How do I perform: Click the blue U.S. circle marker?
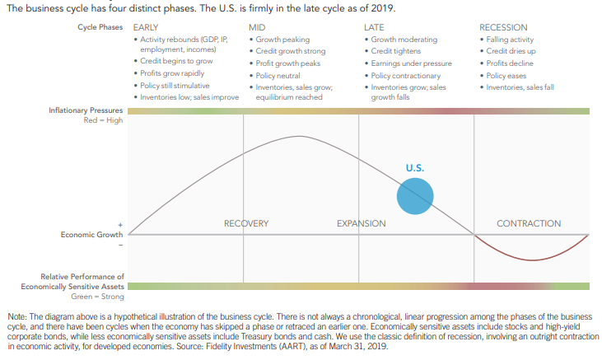pos(415,196)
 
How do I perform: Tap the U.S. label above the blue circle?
pos(415,168)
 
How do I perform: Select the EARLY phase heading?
pos(146,28)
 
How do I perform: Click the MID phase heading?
pos(257,28)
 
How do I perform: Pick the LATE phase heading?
pos(374,28)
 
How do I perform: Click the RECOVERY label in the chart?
pos(246,223)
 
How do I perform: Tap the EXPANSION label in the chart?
pos(362,223)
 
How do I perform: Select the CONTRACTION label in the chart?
pos(529,223)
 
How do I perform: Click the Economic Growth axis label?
pos(92,235)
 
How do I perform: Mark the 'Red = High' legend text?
pos(103,120)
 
